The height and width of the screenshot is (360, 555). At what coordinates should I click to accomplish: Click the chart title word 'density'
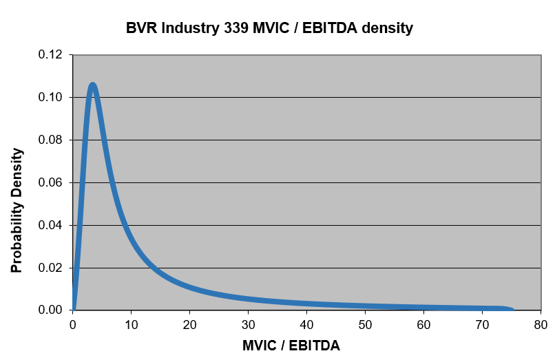382,28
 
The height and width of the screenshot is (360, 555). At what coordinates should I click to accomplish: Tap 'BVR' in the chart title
140,28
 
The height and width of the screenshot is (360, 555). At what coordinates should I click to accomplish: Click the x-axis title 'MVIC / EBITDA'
291,345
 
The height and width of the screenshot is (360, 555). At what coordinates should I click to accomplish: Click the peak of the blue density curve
92,85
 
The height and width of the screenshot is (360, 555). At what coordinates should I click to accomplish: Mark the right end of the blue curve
512,310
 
